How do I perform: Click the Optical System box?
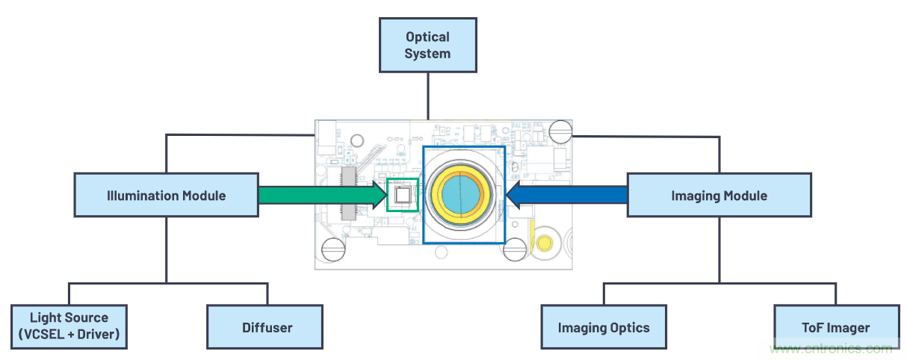427,45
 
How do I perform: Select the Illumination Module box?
166,196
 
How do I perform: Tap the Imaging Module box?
719,196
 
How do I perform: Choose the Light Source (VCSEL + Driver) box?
69,326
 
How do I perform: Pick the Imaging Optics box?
604,327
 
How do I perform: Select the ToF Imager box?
836,327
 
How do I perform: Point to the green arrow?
318,196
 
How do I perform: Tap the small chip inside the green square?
402,196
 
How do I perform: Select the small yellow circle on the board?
545,243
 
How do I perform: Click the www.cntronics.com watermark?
833,349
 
